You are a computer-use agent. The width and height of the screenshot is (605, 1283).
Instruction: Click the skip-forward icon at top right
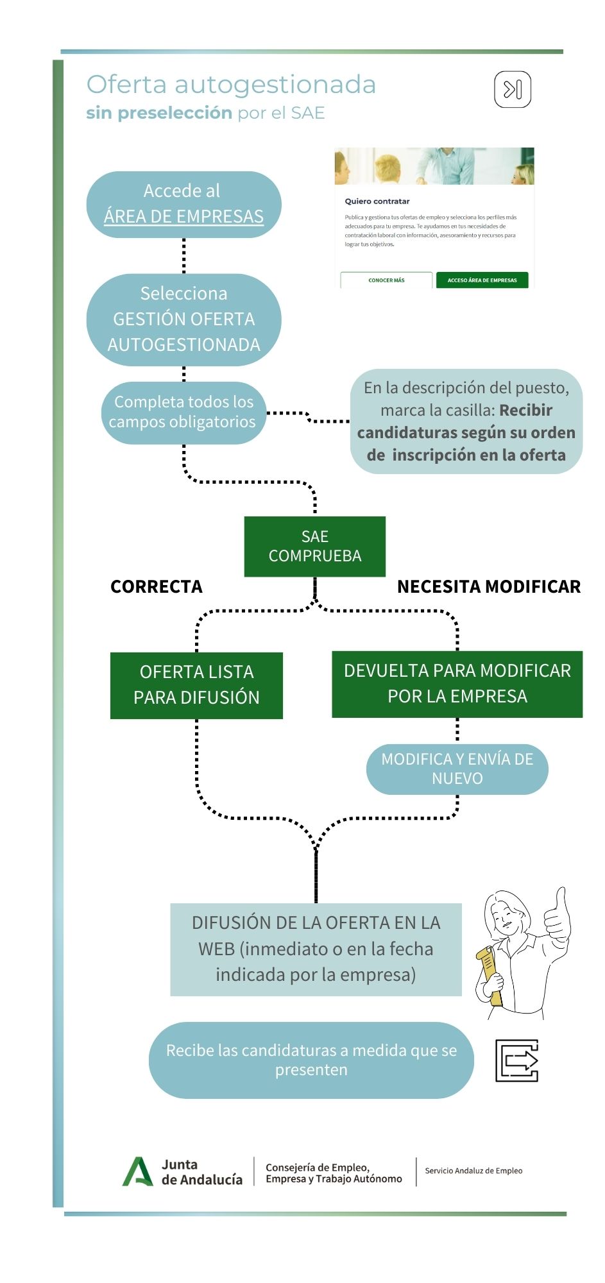click(513, 90)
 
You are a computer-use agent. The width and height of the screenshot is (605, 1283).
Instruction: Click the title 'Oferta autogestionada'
click(231, 85)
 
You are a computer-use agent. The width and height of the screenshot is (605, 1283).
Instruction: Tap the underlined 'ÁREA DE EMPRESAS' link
click(183, 217)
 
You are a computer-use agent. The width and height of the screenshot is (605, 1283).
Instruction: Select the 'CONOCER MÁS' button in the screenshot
click(386, 280)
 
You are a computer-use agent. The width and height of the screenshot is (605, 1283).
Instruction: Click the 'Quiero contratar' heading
click(377, 201)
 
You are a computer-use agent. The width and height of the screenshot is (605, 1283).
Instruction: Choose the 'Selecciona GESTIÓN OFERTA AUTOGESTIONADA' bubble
click(183, 319)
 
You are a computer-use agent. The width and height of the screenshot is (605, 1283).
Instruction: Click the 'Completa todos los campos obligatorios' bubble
click(183, 412)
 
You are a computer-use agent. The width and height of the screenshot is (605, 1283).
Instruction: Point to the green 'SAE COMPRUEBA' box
click(314, 546)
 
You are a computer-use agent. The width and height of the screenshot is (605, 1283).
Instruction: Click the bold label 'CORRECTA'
click(156, 586)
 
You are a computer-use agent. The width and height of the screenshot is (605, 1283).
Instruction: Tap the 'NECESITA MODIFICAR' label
click(488, 586)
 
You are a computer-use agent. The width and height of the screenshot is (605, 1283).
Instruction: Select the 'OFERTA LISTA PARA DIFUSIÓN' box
click(196, 684)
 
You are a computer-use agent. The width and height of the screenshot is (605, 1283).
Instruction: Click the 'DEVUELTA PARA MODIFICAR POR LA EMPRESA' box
click(457, 683)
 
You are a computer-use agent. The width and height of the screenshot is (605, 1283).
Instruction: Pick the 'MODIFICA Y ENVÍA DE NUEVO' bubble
click(457, 769)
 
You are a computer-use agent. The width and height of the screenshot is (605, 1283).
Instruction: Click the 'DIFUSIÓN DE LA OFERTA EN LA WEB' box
click(316, 949)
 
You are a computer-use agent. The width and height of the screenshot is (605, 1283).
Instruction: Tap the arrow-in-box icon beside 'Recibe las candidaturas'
click(516, 1060)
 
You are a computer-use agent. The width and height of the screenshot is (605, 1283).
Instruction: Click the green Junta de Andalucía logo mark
click(137, 1171)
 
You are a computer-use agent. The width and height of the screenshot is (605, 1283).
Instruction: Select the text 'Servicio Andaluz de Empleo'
click(473, 1171)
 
